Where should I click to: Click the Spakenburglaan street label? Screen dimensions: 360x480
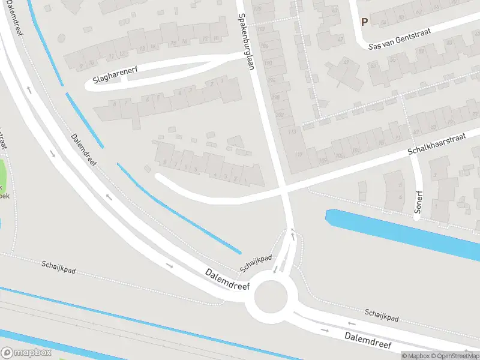tap(247, 41)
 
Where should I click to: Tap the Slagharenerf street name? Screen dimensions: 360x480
tap(116, 75)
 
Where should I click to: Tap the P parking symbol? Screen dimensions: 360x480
tap(364, 22)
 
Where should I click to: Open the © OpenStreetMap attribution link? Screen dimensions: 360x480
tap(454, 356)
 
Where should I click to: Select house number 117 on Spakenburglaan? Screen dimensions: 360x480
tap(299, 155)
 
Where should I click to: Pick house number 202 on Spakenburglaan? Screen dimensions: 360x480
tap(279, 115)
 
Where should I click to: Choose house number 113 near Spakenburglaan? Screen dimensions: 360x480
tap(292, 131)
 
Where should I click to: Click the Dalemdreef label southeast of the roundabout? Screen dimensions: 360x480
tap(368, 340)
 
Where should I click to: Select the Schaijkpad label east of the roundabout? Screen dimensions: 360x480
tap(382, 314)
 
